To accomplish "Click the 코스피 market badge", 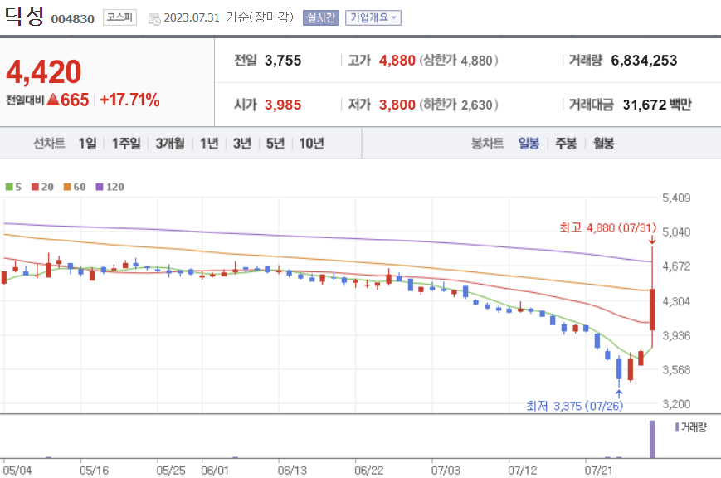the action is [119, 17].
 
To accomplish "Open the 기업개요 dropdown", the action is [373, 17].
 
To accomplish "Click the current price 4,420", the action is [44, 72].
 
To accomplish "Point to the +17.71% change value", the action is [129, 100].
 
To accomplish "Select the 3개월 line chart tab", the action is [170, 144].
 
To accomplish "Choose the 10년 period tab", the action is [312, 144].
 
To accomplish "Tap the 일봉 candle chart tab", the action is [529, 144].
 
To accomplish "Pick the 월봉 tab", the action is [603, 144].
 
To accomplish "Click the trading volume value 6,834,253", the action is [644, 61].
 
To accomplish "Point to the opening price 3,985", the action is [283, 105].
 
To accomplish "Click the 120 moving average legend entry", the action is [110, 187].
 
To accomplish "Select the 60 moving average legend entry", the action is [75, 187].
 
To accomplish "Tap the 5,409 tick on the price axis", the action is [676, 198].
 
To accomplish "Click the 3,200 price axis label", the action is [676, 404].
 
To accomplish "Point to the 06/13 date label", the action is [292, 471].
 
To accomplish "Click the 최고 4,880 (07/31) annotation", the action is [608, 227].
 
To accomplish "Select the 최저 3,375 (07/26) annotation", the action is [575, 406].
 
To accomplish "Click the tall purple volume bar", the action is [652, 439].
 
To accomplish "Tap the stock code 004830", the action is [73, 19].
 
